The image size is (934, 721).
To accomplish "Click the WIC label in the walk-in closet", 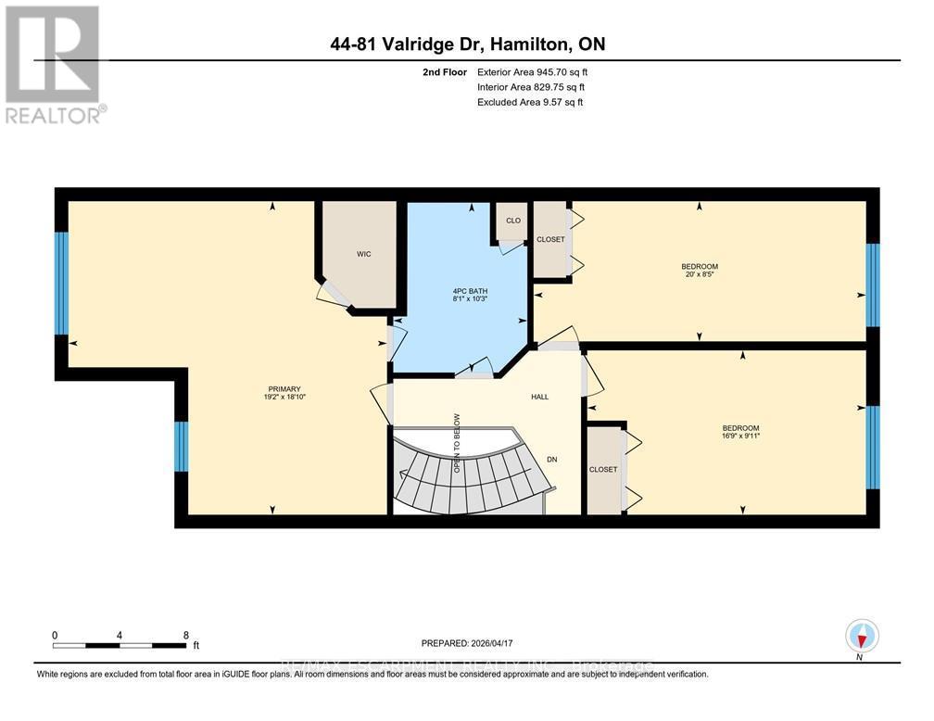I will [363, 254].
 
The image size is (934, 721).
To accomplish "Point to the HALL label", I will [539, 397].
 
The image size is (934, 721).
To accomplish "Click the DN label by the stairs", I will [551, 458].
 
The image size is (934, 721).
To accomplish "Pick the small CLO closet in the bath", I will [511, 221].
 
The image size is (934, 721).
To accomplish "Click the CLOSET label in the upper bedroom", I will [550, 240].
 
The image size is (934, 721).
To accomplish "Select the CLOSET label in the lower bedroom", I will [603, 470].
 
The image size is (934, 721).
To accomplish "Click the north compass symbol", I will [862, 637].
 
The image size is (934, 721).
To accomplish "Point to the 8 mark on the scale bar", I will [186, 636].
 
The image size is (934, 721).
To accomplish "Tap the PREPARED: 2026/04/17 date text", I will [466, 642].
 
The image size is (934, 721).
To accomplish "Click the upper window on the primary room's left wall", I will [61, 283].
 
